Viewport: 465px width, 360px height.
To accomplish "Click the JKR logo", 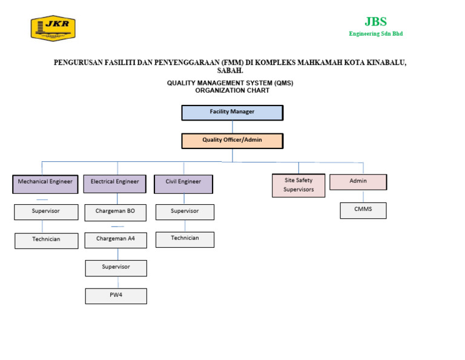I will click(x=53, y=28).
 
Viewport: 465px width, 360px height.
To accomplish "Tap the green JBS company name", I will click(x=375, y=22).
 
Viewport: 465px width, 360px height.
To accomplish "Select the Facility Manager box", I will click(x=232, y=112).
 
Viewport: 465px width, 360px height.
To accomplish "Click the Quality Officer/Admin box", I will click(x=232, y=141).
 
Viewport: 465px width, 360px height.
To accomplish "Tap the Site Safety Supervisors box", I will click(x=298, y=185).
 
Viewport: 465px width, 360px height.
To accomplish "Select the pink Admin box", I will click(x=358, y=182).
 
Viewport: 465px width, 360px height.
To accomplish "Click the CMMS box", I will click(x=363, y=210).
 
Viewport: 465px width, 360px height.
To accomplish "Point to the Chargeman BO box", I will click(x=115, y=212).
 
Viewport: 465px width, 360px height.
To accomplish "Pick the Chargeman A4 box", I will click(x=115, y=239).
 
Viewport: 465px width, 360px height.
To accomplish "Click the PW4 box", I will click(x=116, y=296).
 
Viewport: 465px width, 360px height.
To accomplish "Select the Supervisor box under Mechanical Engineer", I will click(x=46, y=212).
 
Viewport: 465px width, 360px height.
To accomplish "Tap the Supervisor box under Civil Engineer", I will click(x=185, y=212).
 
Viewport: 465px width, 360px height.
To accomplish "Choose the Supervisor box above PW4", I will click(x=116, y=268).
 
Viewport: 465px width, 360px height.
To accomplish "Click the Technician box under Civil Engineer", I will click(x=185, y=239).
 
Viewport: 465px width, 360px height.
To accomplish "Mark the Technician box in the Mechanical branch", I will click(x=46, y=241).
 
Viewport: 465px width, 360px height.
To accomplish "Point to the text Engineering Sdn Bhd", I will click(x=375, y=34).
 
